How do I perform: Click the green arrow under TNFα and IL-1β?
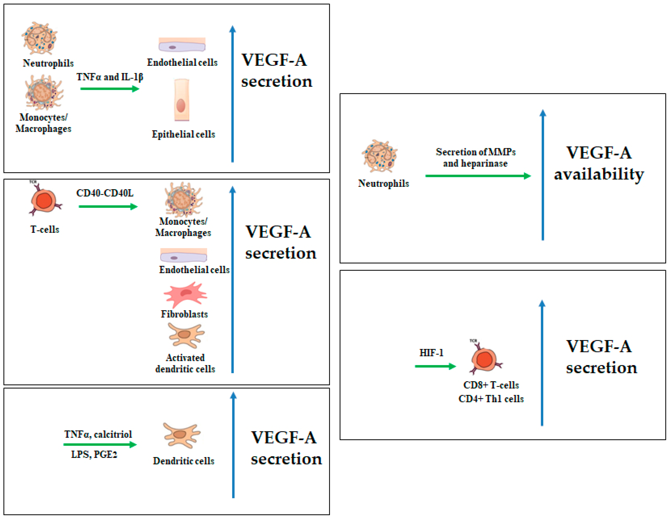point(109,89)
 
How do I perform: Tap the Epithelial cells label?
point(183,134)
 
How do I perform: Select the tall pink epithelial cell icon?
point(181,100)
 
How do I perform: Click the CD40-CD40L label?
point(105,193)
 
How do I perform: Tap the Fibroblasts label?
point(184,314)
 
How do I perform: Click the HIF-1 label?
point(431,353)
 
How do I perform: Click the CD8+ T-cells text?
point(491,385)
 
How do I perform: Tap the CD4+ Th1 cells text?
point(491,399)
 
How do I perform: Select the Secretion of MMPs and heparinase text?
point(475,157)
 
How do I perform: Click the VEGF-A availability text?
point(599,163)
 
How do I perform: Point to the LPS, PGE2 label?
point(94,454)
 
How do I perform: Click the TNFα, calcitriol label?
point(98,434)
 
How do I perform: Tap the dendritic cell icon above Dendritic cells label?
point(182,435)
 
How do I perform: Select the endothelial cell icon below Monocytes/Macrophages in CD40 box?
point(183,255)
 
